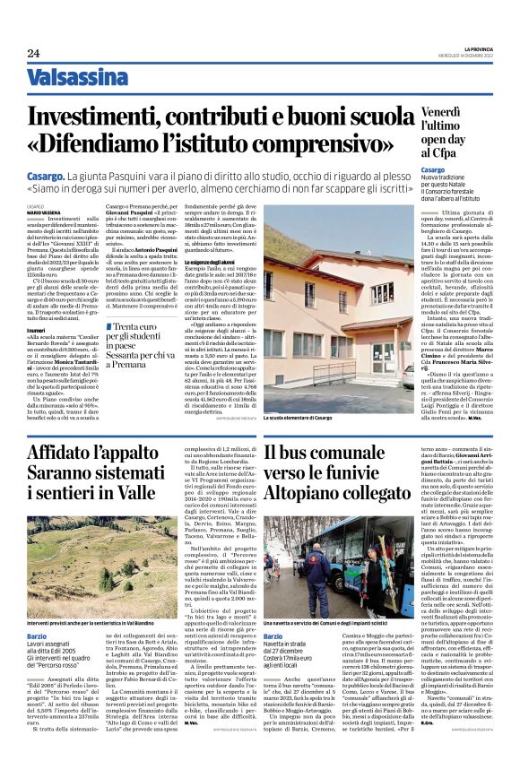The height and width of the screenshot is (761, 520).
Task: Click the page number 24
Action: pos(33,53)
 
